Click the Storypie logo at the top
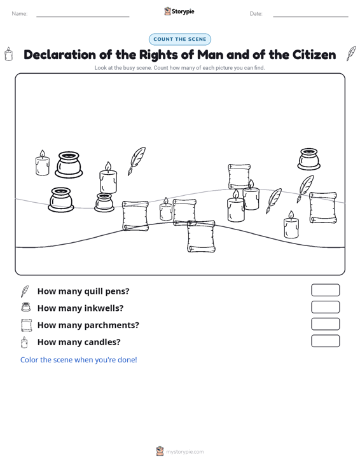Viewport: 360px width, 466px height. pyautogui.click(x=179, y=11)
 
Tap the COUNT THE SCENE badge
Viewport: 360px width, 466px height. pyautogui.click(x=180, y=39)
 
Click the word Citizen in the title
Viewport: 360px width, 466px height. pyautogui.click(x=314, y=55)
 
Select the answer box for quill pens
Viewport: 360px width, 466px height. pyautogui.click(x=325, y=290)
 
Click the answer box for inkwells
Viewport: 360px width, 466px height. pyautogui.click(x=325, y=307)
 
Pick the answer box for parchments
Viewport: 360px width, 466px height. pyautogui.click(x=325, y=324)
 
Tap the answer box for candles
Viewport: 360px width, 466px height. pyautogui.click(x=325, y=341)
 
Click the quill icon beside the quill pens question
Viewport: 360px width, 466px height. pyautogui.click(x=25, y=291)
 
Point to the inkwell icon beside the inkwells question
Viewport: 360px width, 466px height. pyautogui.click(x=26, y=307)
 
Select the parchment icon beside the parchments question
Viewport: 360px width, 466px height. pyautogui.click(x=26, y=325)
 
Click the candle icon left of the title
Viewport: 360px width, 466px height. pyautogui.click(x=9, y=54)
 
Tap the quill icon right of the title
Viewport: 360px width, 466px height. pyautogui.click(x=351, y=53)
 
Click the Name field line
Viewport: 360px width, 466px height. pyautogui.click(x=83, y=17)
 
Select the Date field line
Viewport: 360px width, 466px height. pyautogui.click(x=310, y=17)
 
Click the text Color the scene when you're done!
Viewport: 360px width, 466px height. pyautogui.click(x=78, y=360)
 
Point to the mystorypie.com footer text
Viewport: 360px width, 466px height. pyautogui.click(x=185, y=452)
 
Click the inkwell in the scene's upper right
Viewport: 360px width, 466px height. pyautogui.click(x=309, y=159)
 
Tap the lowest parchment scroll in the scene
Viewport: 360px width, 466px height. pyautogui.click(x=201, y=236)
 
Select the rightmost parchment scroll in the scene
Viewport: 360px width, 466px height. pyautogui.click(x=323, y=207)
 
